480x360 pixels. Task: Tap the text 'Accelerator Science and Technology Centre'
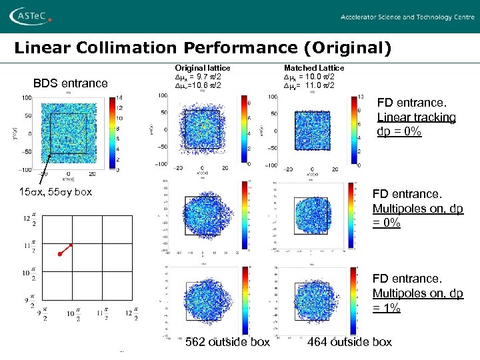[408, 17]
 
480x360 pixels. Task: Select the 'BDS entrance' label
[70, 83]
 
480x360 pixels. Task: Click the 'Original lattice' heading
[202, 68]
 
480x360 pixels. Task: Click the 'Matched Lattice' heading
[314, 68]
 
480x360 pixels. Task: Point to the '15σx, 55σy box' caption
[55, 193]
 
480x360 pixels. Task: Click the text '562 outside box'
[227, 342]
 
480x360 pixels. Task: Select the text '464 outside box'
[349, 342]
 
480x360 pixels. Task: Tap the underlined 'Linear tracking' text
[416, 117]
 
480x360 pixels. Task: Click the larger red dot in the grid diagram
[59, 254]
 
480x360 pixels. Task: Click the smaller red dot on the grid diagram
[71, 245]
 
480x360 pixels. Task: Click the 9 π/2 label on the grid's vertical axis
[28, 301]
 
